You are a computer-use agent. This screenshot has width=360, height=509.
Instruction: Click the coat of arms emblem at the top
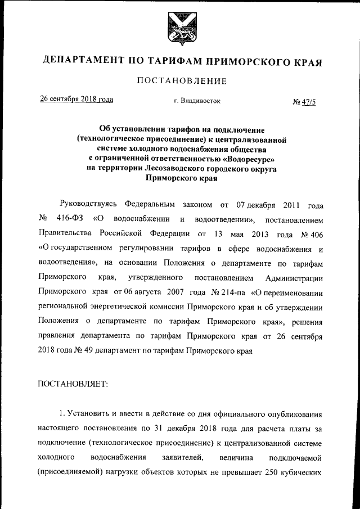(179, 29)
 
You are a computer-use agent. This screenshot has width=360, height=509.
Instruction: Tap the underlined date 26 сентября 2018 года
(76, 100)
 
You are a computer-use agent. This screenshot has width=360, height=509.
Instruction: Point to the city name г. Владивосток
(197, 101)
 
